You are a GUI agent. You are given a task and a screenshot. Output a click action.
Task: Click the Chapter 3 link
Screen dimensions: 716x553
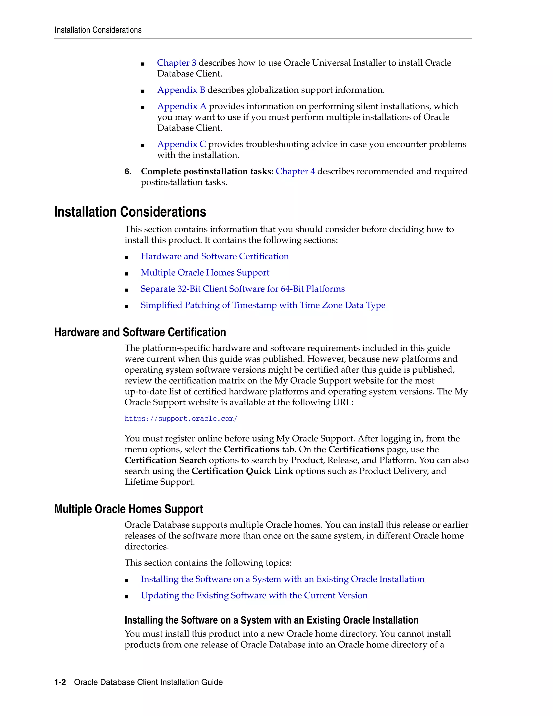point(177,63)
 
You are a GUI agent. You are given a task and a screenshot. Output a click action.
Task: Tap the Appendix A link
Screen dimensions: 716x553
point(182,106)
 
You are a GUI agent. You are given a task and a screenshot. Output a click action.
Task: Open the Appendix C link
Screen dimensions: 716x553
point(181,144)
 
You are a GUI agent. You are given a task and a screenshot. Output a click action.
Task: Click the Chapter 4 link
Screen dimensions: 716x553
point(295,172)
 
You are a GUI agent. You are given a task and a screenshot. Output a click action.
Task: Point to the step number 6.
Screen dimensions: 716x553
point(128,172)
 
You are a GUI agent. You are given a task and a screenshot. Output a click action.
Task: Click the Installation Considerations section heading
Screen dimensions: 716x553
point(130,212)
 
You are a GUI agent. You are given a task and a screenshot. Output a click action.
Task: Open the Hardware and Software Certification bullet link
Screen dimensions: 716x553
point(215,256)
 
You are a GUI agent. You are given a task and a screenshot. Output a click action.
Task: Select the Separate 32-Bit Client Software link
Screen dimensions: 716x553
point(242,289)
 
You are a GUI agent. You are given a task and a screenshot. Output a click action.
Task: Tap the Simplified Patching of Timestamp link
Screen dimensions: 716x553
point(263,305)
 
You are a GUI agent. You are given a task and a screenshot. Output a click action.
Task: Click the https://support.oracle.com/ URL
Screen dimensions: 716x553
point(181,419)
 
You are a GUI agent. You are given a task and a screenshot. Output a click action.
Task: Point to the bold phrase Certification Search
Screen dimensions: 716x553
point(166,460)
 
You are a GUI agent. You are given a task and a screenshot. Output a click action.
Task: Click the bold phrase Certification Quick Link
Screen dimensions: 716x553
point(242,471)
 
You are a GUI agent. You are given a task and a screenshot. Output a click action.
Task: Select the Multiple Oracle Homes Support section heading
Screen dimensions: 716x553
point(129,509)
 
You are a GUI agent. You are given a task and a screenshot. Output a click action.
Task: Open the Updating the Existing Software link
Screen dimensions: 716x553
point(254,595)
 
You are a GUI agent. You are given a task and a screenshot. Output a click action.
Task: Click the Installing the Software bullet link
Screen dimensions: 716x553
point(282,579)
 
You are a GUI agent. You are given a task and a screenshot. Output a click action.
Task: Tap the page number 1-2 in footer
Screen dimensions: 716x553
point(60,682)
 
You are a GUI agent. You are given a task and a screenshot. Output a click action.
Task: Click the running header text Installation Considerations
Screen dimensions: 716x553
point(98,30)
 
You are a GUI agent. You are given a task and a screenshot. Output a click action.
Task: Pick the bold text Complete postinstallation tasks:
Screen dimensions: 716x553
point(207,172)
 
